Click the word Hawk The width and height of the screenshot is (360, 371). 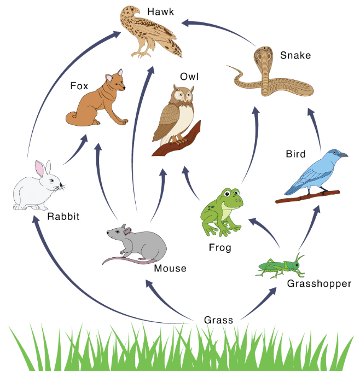click(160, 11)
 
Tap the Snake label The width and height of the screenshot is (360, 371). click(295, 55)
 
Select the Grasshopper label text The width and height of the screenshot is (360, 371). click(319, 283)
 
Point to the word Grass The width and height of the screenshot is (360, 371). click(218, 320)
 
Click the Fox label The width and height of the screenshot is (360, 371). click(79, 86)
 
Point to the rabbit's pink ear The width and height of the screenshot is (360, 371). click(39, 168)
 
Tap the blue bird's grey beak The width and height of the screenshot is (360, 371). click(344, 155)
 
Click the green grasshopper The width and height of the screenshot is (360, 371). click(281, 266)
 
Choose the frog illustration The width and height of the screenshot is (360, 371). click(221, 212)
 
